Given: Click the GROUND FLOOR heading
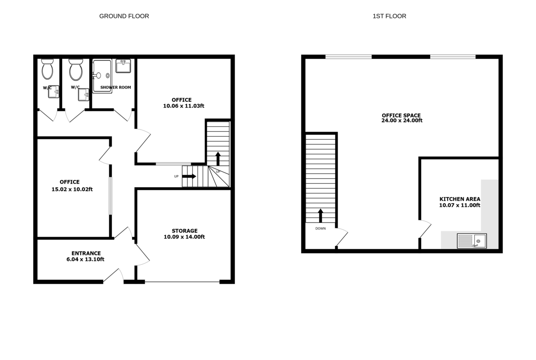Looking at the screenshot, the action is [x=124, y=16].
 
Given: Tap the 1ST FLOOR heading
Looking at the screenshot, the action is [x=389, y=16].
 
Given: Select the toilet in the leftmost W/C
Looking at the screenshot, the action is [x=47, y=69].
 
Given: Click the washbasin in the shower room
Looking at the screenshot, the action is [x=123, y=66].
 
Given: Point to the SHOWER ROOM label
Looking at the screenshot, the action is [x=116, y=87].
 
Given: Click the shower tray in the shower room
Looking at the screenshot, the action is [x=102, y=76].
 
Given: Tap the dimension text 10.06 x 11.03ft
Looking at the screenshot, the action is [x=184, y=106].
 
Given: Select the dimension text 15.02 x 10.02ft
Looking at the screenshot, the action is [x=72, y=189].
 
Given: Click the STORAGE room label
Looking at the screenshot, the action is [x=185, y=231].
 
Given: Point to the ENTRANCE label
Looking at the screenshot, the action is [x=86, y=253].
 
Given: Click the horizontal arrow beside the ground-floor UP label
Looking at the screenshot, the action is [x=189, y=176].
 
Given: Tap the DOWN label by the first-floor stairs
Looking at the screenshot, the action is [x=320, y=228].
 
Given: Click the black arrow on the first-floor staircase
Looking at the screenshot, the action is [x=320, y=216].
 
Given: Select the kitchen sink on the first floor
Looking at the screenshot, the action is [x=472, y=241].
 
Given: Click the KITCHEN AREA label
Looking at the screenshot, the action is [x=460, y=199].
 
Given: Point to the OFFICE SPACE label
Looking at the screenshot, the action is [x=401, y=116].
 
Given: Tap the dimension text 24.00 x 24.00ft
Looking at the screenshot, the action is [x=402, y=120].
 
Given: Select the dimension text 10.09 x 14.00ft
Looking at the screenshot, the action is [x=184, y=237].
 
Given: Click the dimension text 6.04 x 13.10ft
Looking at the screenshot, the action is [x=85, y=260].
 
